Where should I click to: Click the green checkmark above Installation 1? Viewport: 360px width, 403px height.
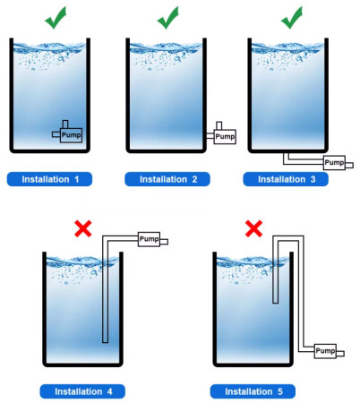pyautogui.click(x=56, y=19)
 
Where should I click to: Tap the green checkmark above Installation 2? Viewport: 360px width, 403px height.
pyautogui.click(x=167, y=19)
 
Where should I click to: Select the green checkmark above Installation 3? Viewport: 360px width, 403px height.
pyautogui.click(x=292, y=19)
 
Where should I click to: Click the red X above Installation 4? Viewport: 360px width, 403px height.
pyautogui.click(x=83, y=228)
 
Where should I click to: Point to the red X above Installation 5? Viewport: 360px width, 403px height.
pyautogui.click(x=253, y=228)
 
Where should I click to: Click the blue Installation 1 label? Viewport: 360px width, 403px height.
pyautogui.click(x=49, y=179)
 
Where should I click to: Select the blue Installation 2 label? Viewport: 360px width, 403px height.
pyautogui.click(x=167, y=179)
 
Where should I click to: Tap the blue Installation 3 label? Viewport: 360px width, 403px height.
pyautogui.click(x=286, y=179)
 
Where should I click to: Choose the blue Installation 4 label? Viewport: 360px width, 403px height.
pyautogui.click(x=82, y=391)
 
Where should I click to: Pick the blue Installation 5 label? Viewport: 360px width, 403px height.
pyautogui.click(x=253, y=391)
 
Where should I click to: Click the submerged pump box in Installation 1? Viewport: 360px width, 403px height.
pyautogui.click(x=71, y=135)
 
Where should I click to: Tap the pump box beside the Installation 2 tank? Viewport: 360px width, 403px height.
pyautogui.click(x=225, y=137)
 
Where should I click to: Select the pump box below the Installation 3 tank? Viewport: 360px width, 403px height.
pyautogui.click(x=334, y=163)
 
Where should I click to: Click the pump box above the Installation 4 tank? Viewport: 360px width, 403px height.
pyautogui.click(x=149, y=239)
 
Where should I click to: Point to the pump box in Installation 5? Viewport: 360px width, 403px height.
pyautogui.click(x=325, y=351)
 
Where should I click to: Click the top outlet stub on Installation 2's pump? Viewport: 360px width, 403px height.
pyautogui.click(x=219, y=125)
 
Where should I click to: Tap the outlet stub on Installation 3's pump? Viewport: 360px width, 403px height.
pyautogui.click(x=349, y=165)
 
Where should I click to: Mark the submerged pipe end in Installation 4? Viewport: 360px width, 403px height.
pyautogui.click(x=105, y=341)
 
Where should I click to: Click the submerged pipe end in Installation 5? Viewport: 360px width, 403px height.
pyautogui.click(x=276, y=302)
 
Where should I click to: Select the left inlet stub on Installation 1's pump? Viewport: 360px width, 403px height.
pyautogui.click(x=56, y=134)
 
